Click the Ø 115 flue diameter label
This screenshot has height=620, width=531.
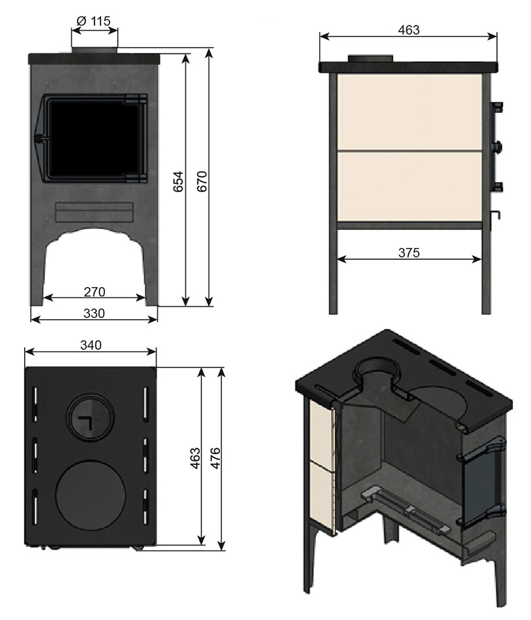94,21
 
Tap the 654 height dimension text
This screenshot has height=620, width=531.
179,181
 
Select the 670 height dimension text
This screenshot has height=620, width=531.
202,181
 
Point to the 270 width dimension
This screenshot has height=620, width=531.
95,292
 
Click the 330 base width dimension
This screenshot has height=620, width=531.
94,313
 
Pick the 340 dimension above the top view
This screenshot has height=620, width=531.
91,345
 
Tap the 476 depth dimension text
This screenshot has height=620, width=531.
215,458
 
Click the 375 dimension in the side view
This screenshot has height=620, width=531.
409,253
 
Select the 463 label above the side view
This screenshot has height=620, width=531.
408,29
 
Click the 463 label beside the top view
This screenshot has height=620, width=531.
195,458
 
